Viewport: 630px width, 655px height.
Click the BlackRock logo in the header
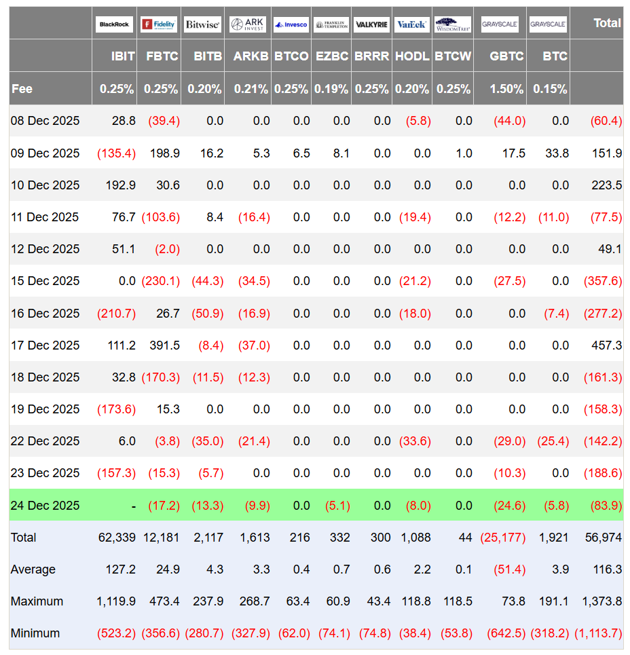[114, 24]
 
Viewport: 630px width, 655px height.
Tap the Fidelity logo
[159, 24]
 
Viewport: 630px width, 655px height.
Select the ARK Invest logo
[247, 24]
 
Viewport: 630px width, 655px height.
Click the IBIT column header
[123, 56]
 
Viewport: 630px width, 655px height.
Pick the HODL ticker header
[412, 56]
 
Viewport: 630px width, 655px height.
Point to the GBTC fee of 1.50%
[507, 89]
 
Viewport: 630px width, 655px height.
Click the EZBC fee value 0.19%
[332, 89]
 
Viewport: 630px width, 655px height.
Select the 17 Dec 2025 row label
[45, 345]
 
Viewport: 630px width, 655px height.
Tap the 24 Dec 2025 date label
[45, 506]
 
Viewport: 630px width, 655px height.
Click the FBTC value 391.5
[165, 345]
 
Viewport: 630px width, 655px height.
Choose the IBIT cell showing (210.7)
[117, 314]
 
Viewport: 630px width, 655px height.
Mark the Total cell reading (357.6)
[603, 281]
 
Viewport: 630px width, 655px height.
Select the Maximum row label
[37, 601]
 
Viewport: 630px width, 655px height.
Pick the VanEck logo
[411, 24]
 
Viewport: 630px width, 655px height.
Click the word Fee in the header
[22, 89]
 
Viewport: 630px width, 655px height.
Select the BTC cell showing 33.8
[557, 153]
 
